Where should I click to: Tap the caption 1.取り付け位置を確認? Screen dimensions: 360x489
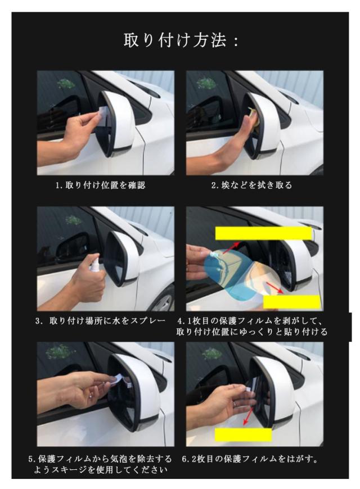point(100,185)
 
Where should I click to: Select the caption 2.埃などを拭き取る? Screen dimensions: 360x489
point(251,185)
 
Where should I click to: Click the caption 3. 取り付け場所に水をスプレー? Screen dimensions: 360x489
point(100,321)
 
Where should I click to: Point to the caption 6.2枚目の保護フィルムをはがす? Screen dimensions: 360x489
point(250,459)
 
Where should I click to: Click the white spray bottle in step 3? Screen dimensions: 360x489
point(94,264)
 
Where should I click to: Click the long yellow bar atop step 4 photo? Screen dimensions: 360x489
point(263,233)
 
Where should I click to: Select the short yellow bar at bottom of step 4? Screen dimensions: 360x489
point(292,302)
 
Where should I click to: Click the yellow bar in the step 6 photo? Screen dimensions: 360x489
point(243,434)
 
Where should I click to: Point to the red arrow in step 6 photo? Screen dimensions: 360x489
point(249,415)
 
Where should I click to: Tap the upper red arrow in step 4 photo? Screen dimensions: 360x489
point(231,247)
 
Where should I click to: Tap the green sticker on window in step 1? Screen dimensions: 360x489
point(66,83)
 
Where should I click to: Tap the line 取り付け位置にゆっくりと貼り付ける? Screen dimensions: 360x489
point(251,332)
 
